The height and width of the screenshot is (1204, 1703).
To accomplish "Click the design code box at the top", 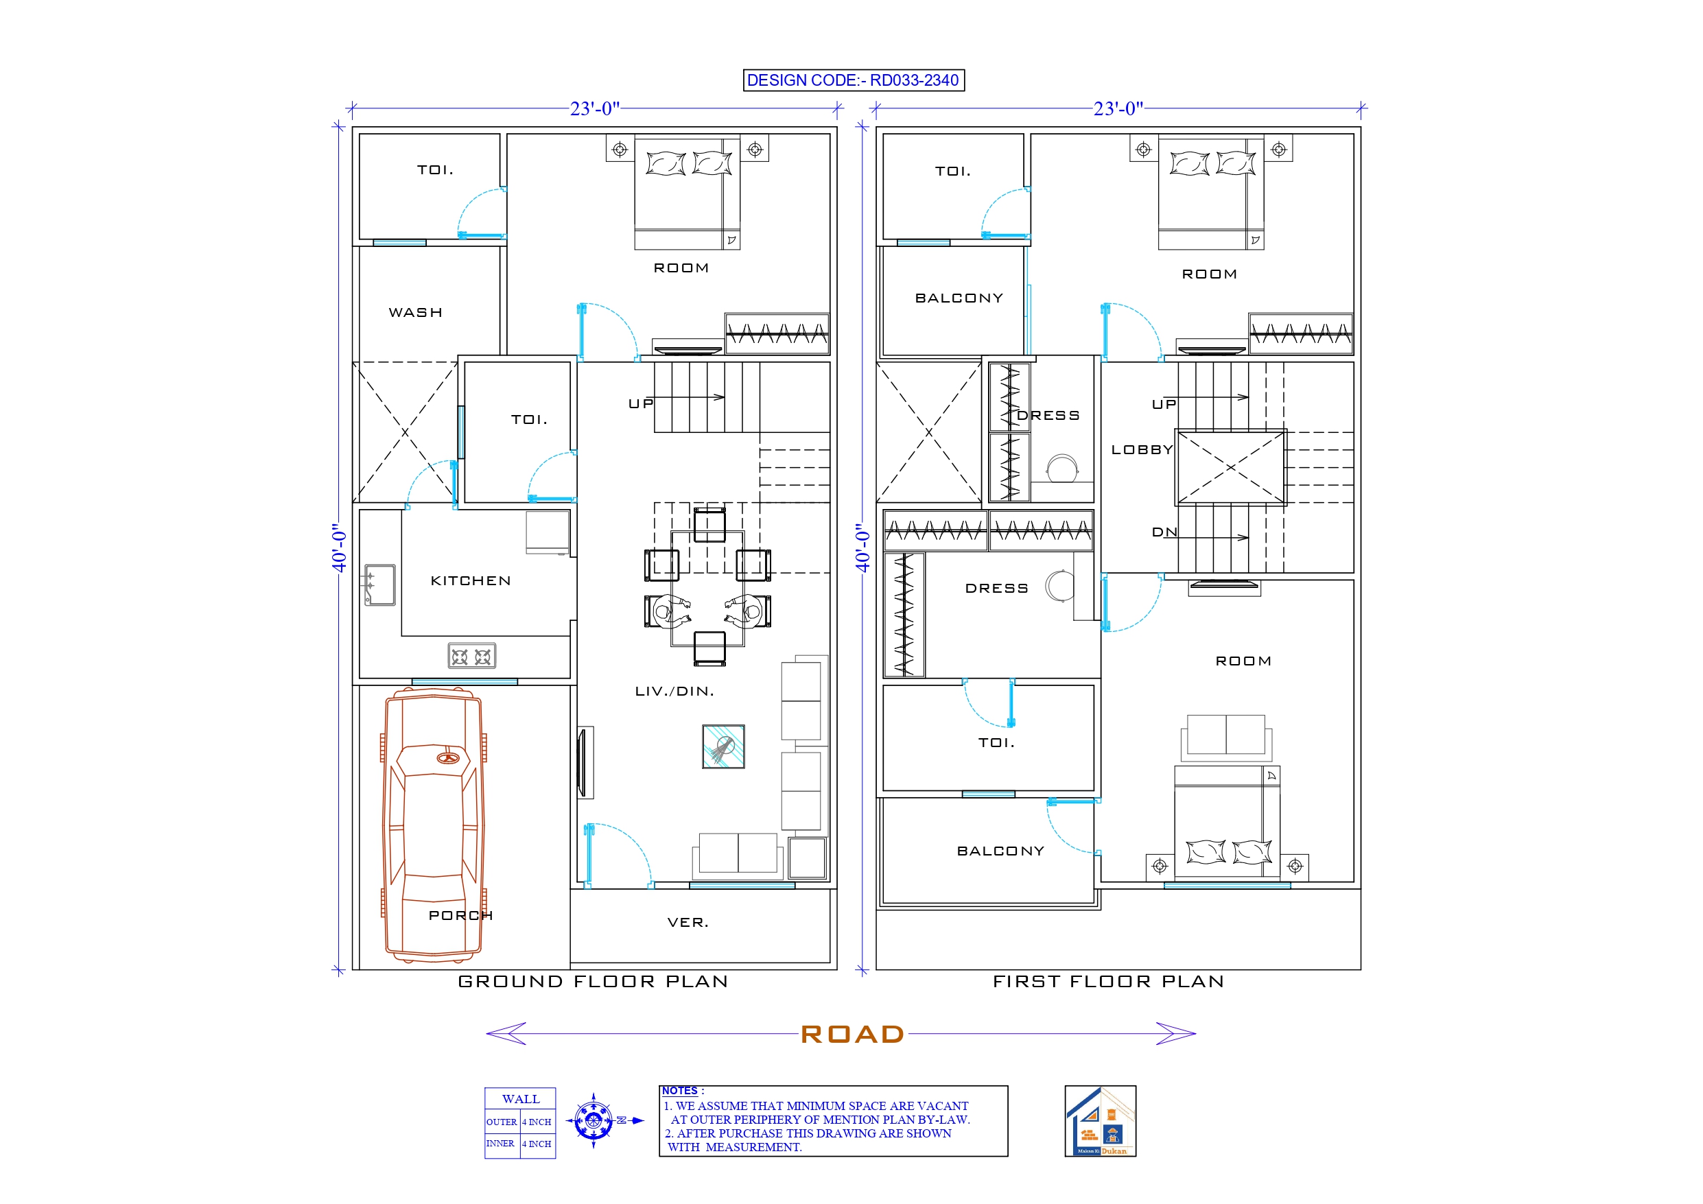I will pos(853,80).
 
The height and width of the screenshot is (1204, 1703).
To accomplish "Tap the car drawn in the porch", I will pos(433,823).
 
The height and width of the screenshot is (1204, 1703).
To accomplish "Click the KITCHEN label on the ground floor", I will pos(470,581).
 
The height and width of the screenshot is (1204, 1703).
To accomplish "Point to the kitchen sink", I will pos(379,585).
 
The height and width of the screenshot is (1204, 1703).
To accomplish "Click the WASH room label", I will pos(415,312).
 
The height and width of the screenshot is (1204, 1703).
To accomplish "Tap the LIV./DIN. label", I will pos(674,691).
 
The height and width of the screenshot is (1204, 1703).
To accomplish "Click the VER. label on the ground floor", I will pos(688,922).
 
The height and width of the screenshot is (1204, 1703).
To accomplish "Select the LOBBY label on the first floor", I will pos(1142,449).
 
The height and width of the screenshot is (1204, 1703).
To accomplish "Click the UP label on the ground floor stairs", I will pos(640,403).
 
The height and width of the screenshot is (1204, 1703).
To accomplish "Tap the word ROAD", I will pos(852,1034).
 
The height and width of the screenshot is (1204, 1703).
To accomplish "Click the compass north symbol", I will pos(594,1120).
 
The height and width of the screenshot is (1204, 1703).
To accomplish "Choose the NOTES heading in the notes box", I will pos(679,1091).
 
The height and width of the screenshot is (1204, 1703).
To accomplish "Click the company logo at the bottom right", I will pos(1100,1121).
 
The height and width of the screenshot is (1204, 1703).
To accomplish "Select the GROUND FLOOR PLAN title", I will pos(593,982).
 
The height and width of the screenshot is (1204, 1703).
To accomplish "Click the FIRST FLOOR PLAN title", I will pos(1108,982).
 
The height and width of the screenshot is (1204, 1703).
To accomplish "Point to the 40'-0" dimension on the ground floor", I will pos(339,547).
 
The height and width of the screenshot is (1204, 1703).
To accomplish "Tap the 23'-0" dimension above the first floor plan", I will pos(1118,109).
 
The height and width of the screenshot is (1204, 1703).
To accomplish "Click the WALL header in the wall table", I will pos(520,1098).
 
